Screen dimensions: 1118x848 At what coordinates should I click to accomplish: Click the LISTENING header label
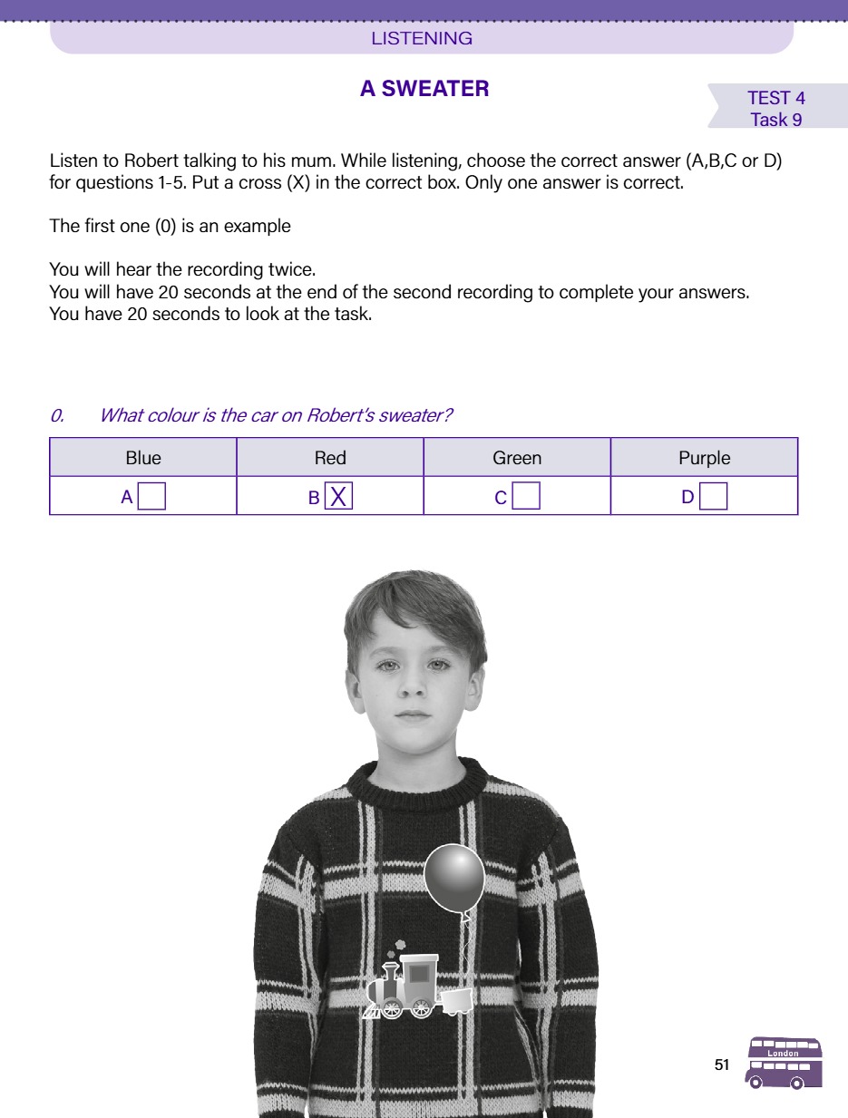coord(422,38)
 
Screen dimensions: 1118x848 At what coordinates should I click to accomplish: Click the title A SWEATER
coord(424,89)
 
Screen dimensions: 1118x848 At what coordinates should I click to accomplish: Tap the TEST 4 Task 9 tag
coord(775,109)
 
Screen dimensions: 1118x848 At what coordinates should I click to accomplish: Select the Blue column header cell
coord(143,458)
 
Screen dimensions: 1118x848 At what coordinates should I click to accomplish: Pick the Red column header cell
coord(330,458)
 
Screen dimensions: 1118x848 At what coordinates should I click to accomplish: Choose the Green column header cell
coord(517,458)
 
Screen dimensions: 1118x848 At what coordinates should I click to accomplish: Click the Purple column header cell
coord(704,458)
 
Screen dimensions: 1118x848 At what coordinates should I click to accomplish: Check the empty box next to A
coord(151,497)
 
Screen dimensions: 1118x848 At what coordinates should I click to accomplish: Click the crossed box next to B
coord(338,497)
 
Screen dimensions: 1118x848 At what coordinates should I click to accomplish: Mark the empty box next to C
coord(526,497)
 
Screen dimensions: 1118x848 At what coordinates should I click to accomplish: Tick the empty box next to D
coord(713,497)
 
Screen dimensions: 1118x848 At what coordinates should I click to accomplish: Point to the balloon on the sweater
coord(454,877)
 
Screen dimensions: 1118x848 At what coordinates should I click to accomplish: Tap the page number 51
coord(722,1065)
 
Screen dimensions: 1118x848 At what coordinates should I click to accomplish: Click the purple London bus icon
coord(785,1063)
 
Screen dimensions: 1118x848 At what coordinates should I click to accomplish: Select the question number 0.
coord(57,416)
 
